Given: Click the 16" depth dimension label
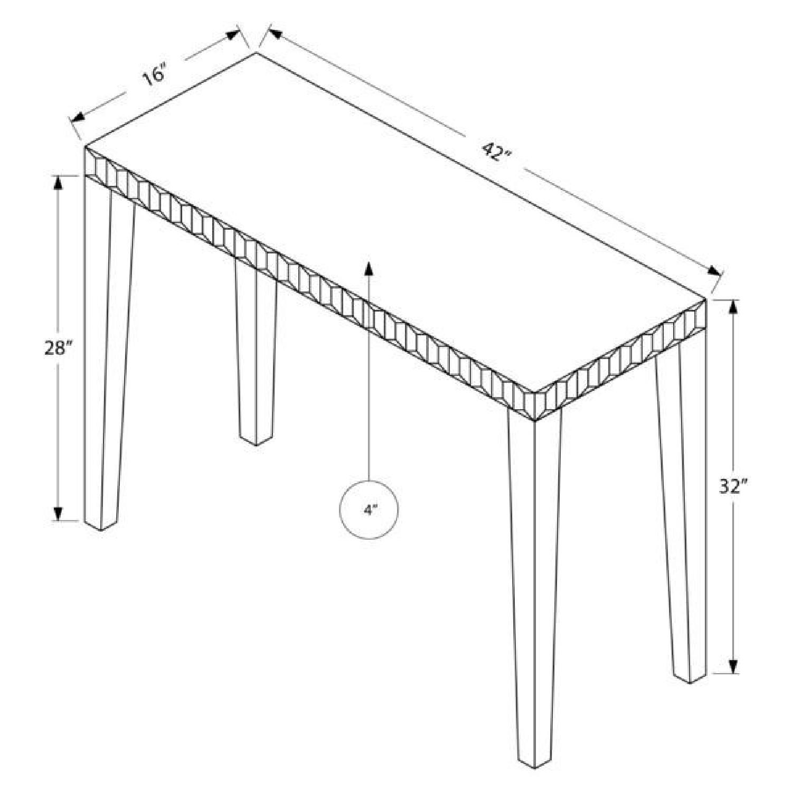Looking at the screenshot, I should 154,74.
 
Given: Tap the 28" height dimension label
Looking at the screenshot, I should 58,348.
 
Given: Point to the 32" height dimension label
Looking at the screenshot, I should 733,486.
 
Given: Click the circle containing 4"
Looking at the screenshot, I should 369,510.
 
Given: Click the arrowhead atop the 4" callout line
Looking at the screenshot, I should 369,268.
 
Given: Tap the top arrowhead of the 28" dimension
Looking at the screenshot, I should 58,182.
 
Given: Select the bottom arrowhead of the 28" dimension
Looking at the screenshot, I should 58,514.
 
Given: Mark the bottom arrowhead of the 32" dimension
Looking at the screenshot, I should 733,666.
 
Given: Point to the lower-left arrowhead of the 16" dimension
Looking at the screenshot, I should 78,117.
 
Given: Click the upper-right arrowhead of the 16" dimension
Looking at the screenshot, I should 233,36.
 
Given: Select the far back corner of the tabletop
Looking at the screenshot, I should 257,53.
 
